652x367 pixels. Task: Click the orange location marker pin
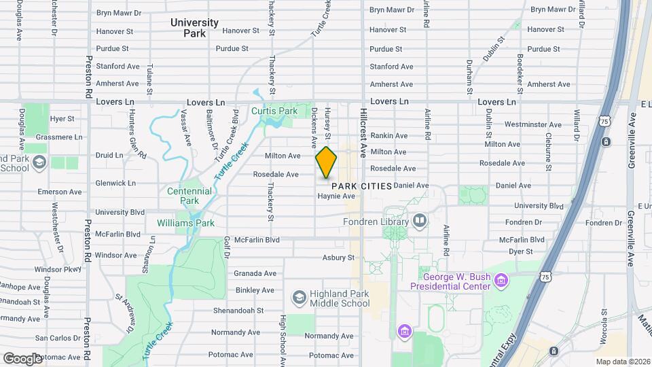click(x=326, y=162)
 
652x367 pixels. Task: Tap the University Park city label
click(x=194, y=27)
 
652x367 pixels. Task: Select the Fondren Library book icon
click(x=420, y=221)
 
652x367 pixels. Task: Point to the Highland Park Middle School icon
click(x=299, y=298)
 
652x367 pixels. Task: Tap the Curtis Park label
click(x=274, y=111)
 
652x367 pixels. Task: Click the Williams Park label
click(x=185, y=223)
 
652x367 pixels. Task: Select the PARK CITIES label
click(x=361, y=186)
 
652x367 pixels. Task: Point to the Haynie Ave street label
click(x=337, y=196)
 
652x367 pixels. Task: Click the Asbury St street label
click(x=338, y=258)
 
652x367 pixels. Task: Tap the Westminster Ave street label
click(x=533, y=125)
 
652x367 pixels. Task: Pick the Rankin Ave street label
click(x=389, y=135)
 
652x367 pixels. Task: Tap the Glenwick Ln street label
click(x=115, y=183)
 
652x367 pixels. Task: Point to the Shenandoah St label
click(x=237, y=311)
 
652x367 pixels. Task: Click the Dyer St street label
click(x=520, y=251)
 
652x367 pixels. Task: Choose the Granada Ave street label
click(x=255, y=273)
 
